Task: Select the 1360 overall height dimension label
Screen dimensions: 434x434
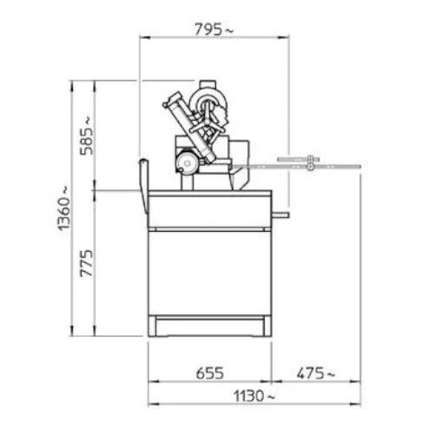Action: click(x=63, y=207)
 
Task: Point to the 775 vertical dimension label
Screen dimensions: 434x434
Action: click(x=87, y=263)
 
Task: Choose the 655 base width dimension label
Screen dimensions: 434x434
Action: click(x=210, y=373)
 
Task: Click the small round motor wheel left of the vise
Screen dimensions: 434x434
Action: click(x=187, y=163)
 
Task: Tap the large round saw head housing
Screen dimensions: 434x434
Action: click(x=207, y=102)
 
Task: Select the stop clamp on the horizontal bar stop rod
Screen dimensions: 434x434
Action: click(x=310, y=163)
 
